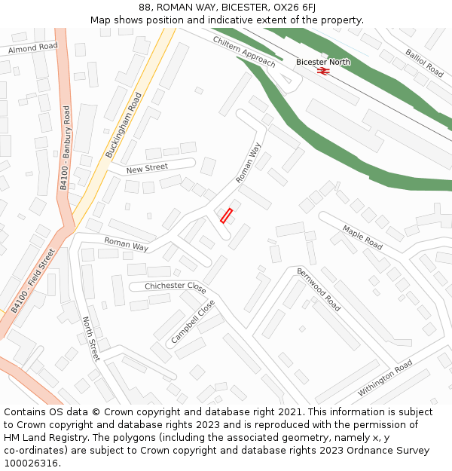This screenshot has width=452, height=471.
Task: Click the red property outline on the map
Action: coord(226,216)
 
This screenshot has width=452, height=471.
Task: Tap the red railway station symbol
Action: coord(323,71)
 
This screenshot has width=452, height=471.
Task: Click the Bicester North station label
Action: coord(322,62)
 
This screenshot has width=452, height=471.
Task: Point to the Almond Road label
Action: coord(32,47)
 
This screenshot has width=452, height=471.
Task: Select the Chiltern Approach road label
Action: coord(244,51)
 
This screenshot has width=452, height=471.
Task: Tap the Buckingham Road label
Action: coord(124,124)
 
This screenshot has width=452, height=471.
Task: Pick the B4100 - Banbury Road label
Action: coord(65,148)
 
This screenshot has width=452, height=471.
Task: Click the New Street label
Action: coord(147,168)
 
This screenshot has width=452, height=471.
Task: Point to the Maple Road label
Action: coord(362,237)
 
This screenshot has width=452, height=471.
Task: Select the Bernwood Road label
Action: coord(318,289)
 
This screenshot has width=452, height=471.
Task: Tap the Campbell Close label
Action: coord(193,322)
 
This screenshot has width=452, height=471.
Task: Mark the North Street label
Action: coord(90,339)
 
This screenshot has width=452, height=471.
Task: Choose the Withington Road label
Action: coord(385,378)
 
